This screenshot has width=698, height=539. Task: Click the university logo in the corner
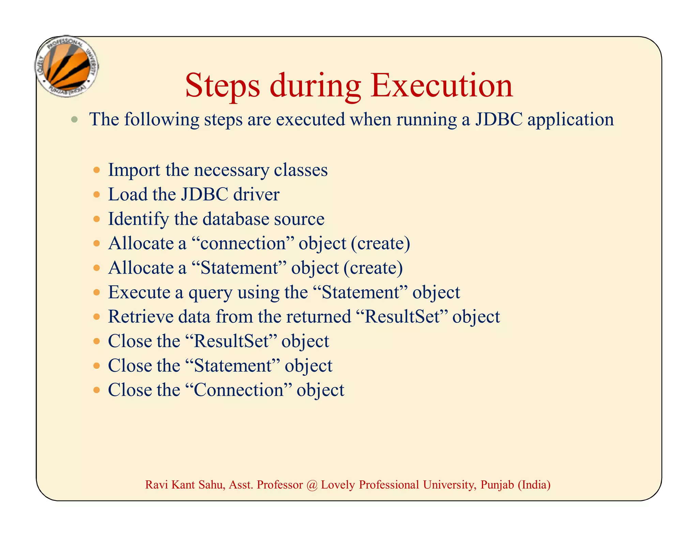point(67,66)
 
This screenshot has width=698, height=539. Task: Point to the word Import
point(134,170)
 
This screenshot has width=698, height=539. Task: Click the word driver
point(256,195)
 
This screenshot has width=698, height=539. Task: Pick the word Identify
point(138,219)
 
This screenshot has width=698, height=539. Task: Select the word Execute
point(139,292)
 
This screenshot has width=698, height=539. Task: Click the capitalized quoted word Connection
point(239,390)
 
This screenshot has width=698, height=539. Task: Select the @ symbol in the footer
point(312,485)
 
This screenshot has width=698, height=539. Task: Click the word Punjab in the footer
point(497,485)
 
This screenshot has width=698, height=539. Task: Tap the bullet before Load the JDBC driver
point(97,195)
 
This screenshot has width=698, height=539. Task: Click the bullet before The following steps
point(75,120)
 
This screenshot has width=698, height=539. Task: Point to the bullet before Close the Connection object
point(97,390)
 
